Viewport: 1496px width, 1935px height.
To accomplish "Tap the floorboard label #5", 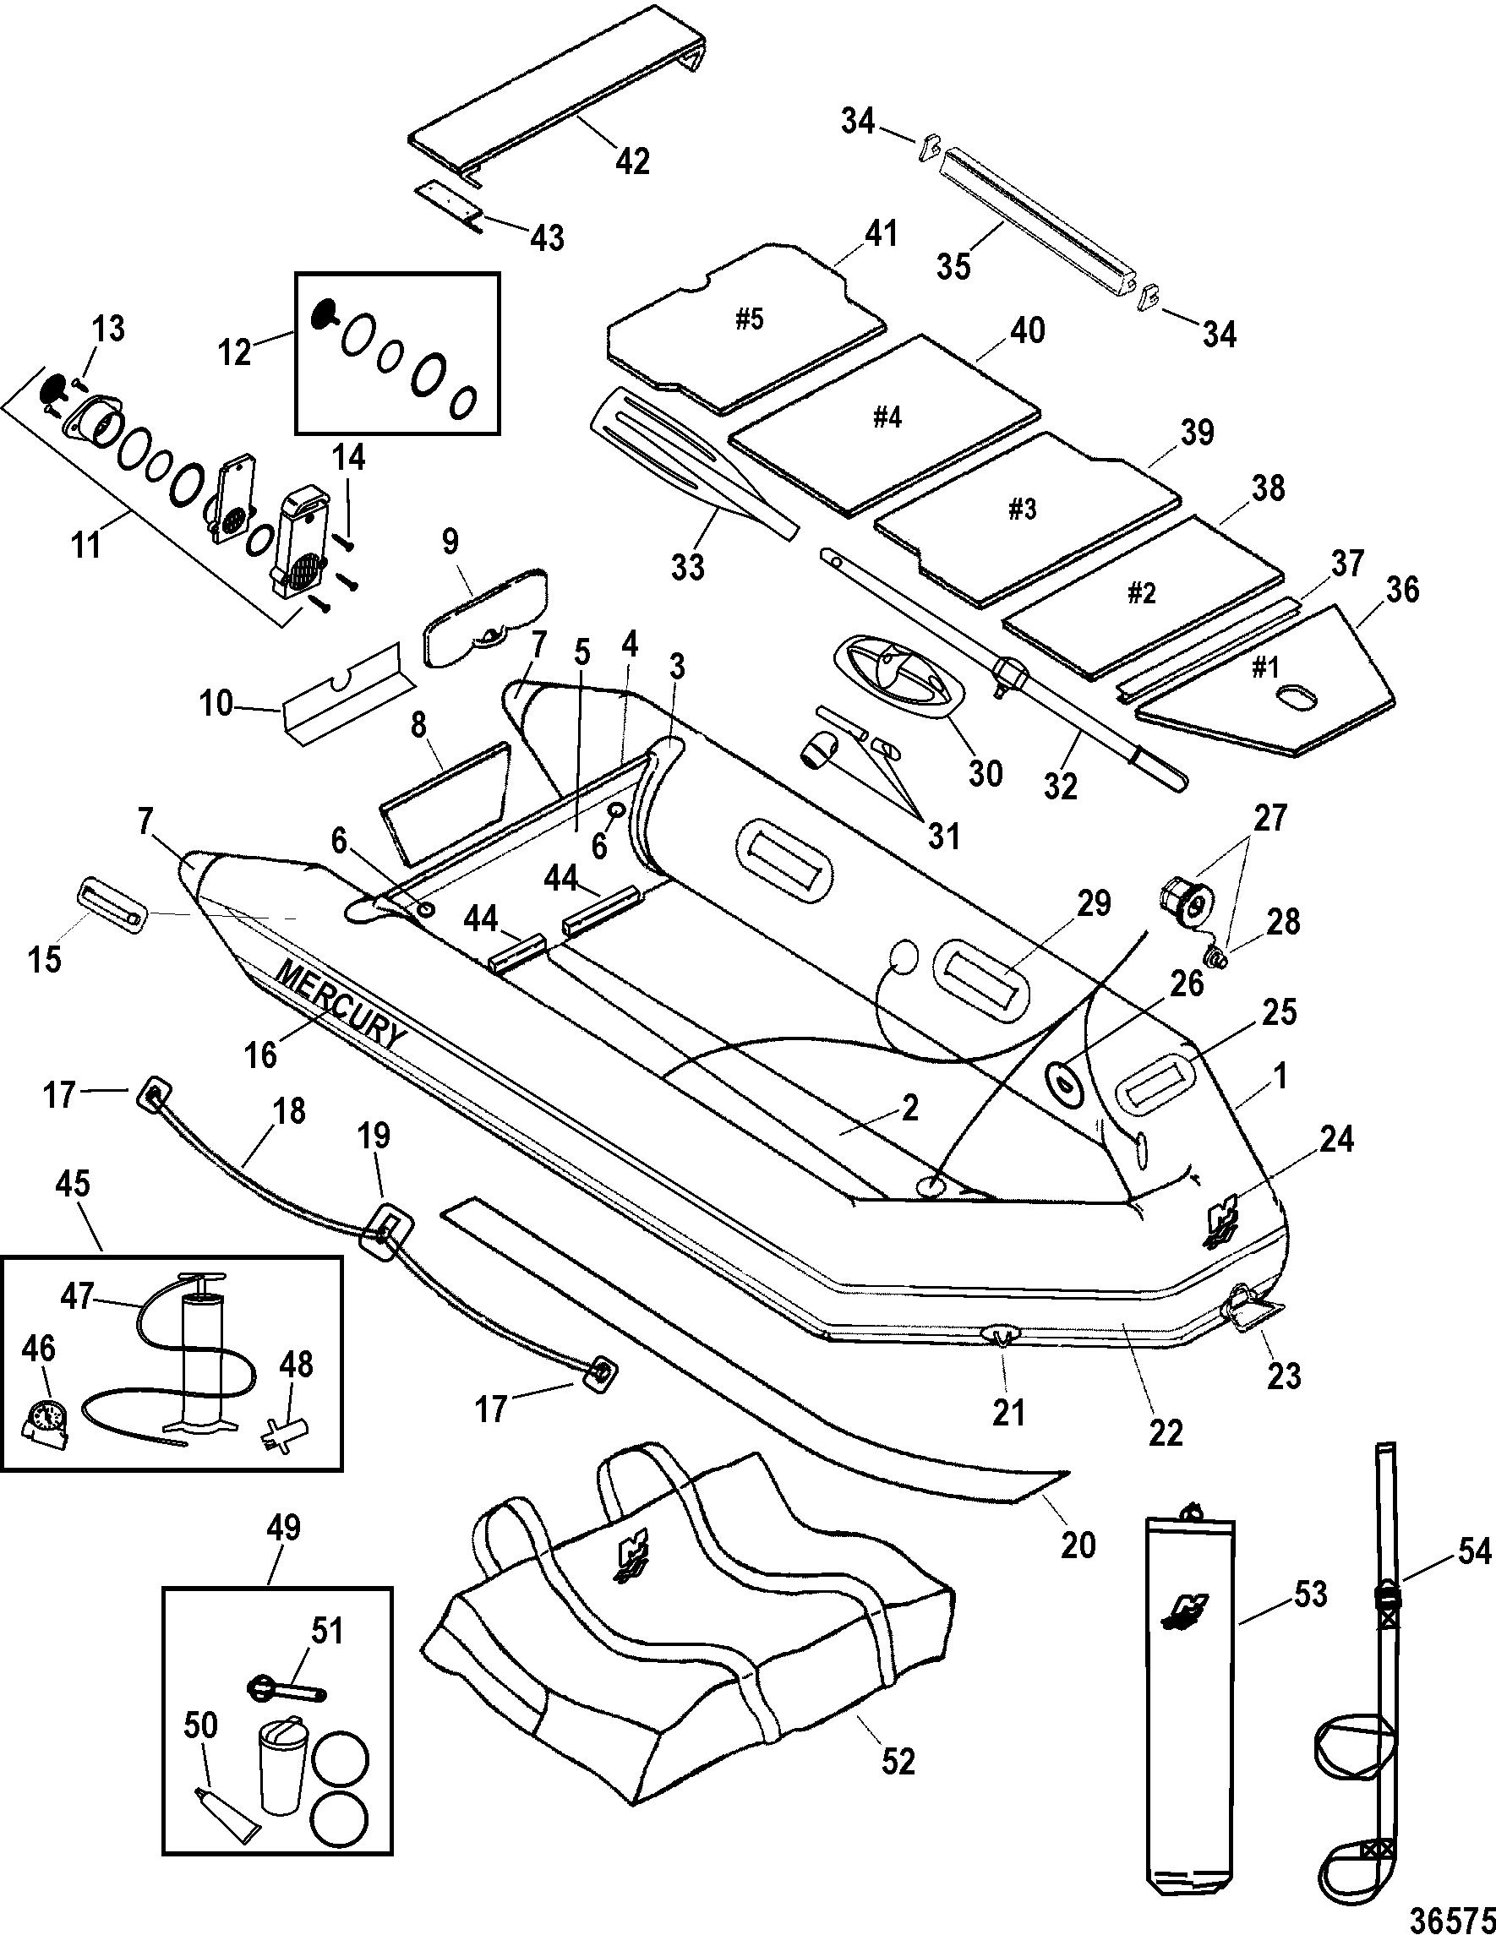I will pos(749,319).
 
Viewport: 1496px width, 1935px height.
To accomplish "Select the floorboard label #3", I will pos(1022,509).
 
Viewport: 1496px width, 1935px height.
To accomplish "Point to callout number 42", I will pos(632,161).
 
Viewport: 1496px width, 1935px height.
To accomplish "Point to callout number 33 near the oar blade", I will pos(687,565).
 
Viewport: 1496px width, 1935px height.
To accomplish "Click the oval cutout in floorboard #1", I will pos(1295,700).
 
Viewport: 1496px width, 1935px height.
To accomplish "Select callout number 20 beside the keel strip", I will pos(1078,1544).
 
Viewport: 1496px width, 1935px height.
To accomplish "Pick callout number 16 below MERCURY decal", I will pos(263,1054).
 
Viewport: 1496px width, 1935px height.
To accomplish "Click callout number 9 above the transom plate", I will pos(450,542).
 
